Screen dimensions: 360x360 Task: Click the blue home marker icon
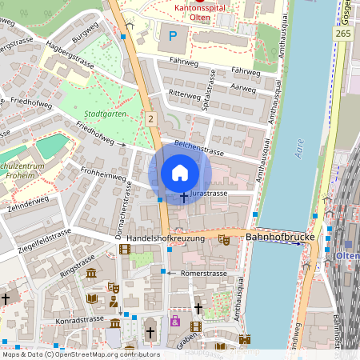point(180,172)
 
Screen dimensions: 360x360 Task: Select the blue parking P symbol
point(172,36)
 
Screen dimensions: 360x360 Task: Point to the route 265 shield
point(343,34)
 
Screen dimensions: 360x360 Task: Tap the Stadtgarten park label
point(105,114)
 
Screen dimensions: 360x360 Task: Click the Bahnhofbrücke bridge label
point(278,238)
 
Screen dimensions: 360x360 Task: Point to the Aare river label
point(299,150)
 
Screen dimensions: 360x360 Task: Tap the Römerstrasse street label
point(203,273)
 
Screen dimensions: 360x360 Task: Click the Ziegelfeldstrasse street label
point(43,236)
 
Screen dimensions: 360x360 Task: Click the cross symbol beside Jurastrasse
point(184,195)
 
